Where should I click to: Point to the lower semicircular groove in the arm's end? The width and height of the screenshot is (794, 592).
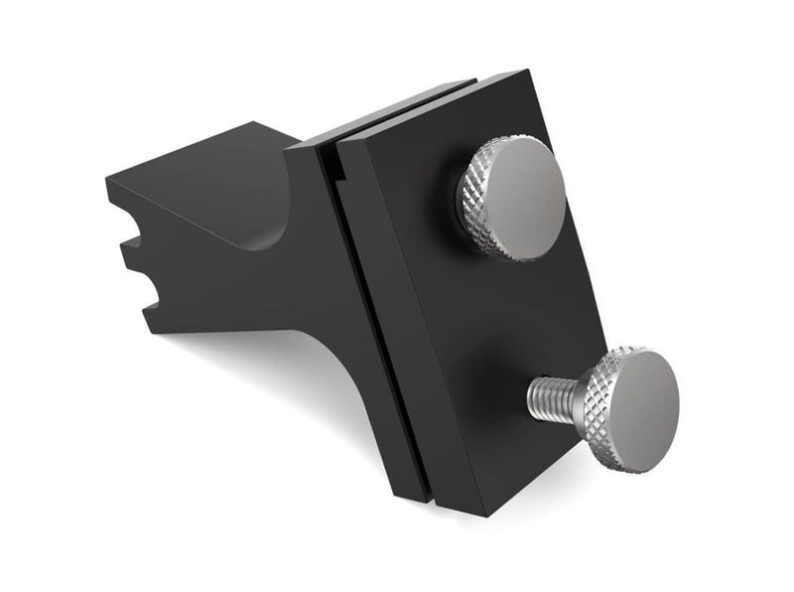(x=149, y=288)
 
